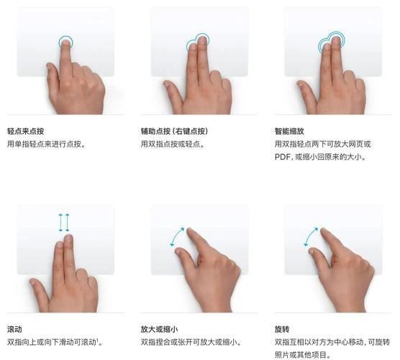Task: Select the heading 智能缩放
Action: point(290,131)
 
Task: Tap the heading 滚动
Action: point(14,329)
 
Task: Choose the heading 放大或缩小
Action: point(160,329)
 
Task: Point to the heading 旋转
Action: point(282,329)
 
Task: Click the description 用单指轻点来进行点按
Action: point(46,144)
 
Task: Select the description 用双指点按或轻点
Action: point(173,144)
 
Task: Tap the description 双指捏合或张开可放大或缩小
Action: point(190,342)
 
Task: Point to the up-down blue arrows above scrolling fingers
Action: point(63,221)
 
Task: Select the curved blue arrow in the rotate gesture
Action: point(311,237)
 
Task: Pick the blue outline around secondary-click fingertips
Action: point(197,43)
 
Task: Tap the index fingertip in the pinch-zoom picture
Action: point(191,232)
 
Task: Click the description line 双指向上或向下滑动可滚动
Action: point(52,342)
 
